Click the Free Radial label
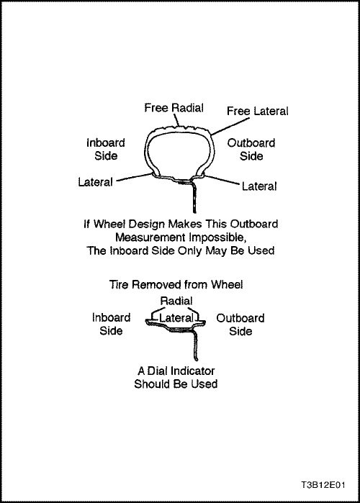174,108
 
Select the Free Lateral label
258,111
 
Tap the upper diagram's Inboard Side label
106,149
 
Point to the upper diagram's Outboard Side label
251,150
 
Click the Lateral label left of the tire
95,182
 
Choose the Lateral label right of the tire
259,186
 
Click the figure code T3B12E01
323,484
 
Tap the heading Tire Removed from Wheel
176,284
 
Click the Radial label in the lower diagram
176,301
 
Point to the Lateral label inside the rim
176,317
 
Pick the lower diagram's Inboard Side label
111,324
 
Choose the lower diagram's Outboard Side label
240,325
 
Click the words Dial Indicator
181,371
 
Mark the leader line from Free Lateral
230,126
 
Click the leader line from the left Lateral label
134,177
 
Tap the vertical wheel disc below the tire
194,198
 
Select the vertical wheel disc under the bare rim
195,345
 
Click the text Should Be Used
176,384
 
